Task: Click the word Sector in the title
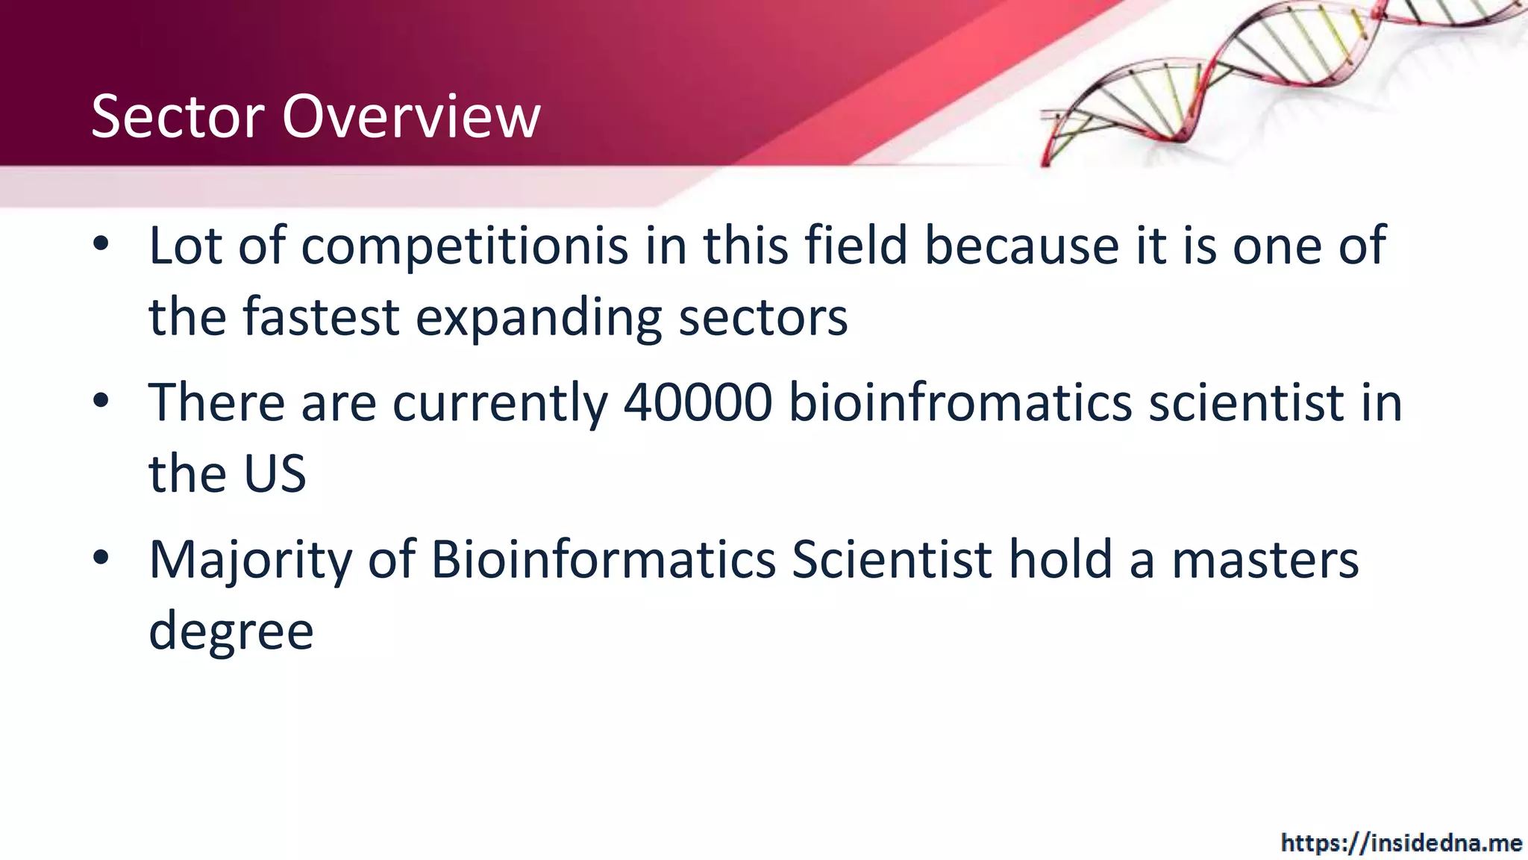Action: [x=178, y=116]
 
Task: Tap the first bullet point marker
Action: [x=101, y=243]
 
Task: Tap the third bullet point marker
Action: [x=101, y=558]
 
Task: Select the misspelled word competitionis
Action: [x=464, y=246]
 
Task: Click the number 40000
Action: [x=698, y=403]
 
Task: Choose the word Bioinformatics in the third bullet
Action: [x=604, y=560]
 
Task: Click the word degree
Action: [x=231, y=632]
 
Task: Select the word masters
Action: [x=1265, y=560]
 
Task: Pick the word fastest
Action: [x=321, y=317]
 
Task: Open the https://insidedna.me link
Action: [x=1401, y=843]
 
